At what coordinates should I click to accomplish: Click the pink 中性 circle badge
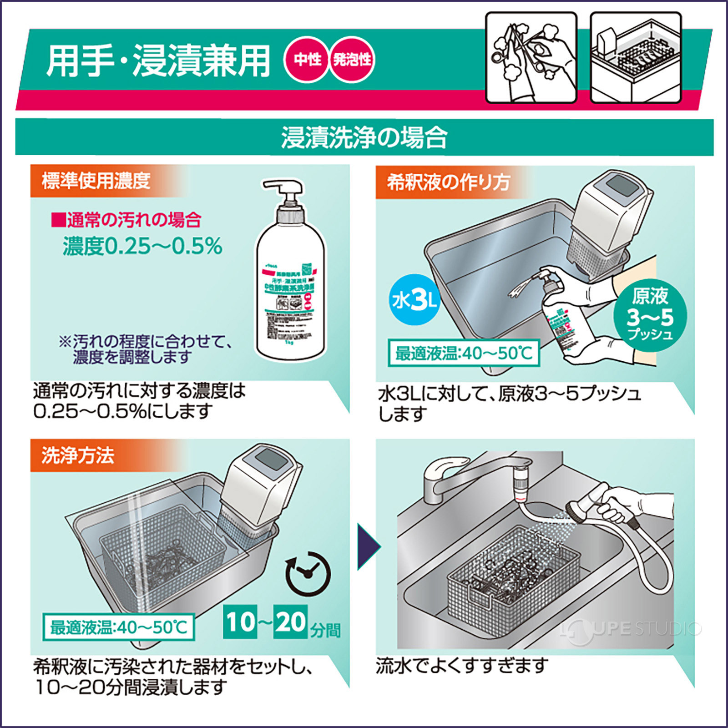tap(307, 60)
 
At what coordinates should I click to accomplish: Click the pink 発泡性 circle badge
tap(352, 60)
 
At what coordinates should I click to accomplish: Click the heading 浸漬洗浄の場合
tap(364, 137)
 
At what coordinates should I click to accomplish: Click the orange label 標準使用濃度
tap(96, 181)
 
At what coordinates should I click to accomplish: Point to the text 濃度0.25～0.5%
tap(142, 246)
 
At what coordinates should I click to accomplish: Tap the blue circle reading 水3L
tap(414, 300)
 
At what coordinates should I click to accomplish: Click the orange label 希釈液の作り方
tap(448, 182)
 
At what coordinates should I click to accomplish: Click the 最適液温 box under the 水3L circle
tap(463, 353)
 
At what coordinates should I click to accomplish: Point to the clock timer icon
tap(308, 573)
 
